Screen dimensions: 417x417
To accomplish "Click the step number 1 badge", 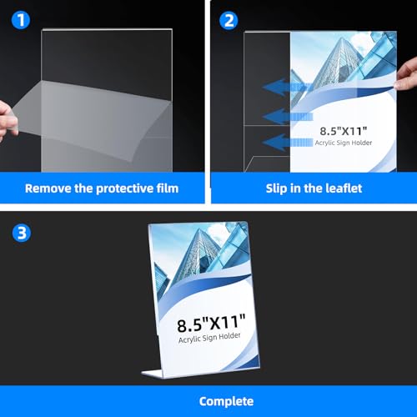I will (x=19, y=19).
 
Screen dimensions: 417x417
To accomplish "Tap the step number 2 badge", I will (x=228, y=19).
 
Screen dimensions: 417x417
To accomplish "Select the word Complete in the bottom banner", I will (x=208, y=401).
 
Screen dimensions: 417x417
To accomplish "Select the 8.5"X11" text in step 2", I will (x=349, y=131).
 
